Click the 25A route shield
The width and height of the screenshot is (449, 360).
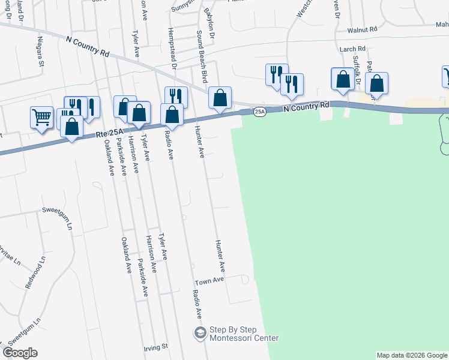click(x=259, y=112)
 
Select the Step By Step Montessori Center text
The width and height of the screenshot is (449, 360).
click(x=243, y=334)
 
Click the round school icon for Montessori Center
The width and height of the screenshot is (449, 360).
click(x=199, y=332)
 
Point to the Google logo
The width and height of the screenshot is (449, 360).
click(x=20, y=353)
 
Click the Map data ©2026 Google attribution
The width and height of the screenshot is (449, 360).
click(x=412, y=355)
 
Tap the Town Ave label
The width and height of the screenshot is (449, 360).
click(x=209, y=280)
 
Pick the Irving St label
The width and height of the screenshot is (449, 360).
click(x=155, y=347)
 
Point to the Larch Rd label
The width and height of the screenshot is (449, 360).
click(x=353, y=49)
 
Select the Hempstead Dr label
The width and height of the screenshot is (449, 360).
click(x=172, y=49)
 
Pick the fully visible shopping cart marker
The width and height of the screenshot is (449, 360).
click(x=41, y=117)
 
